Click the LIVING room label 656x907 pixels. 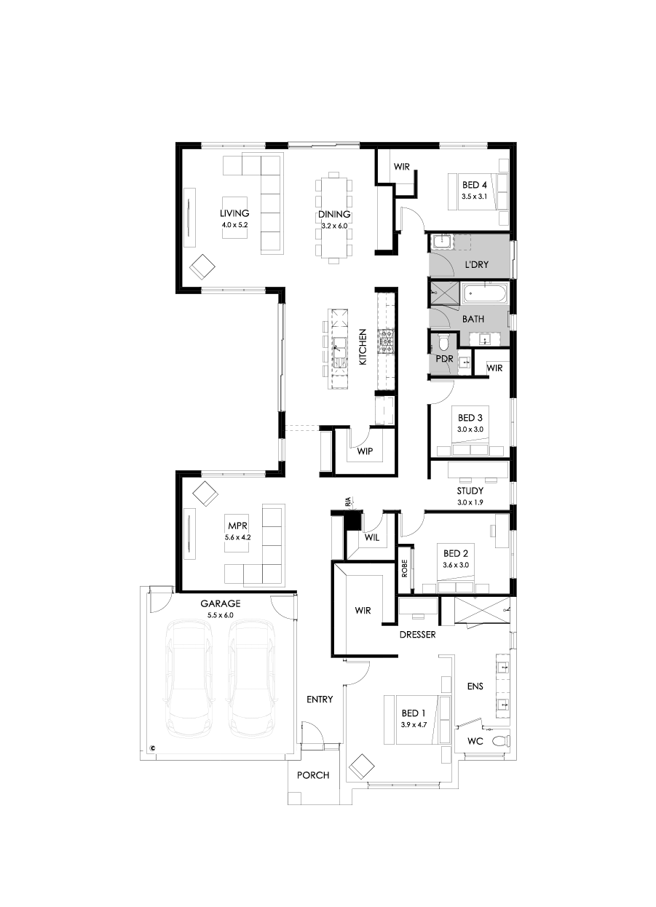coord(235,213)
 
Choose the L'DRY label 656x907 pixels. coord(476,265)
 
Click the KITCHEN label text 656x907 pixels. coord(362,346)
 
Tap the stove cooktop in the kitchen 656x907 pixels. coord(385,338)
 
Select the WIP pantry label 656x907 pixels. coord(365,451)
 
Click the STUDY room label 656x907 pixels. coord(470,491)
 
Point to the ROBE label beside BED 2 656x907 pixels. coord(404,569)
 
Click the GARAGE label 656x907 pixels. coord(220,603)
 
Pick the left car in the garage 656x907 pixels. coord(189,677)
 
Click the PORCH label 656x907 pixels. coord(314,775)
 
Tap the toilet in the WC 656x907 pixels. coord(500,741)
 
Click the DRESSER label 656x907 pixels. coord(417,635)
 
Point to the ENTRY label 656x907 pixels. coord(320,700)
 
